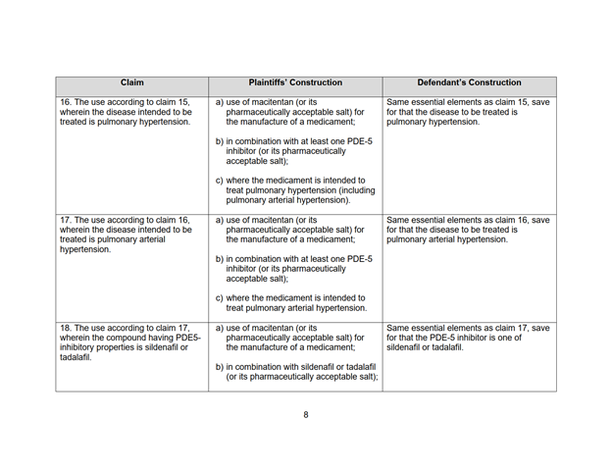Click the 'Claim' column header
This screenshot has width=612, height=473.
[x=131, y=83]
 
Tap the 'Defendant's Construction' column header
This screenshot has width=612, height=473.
[x=469, y=83]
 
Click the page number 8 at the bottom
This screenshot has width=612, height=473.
[x=305, y=415]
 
